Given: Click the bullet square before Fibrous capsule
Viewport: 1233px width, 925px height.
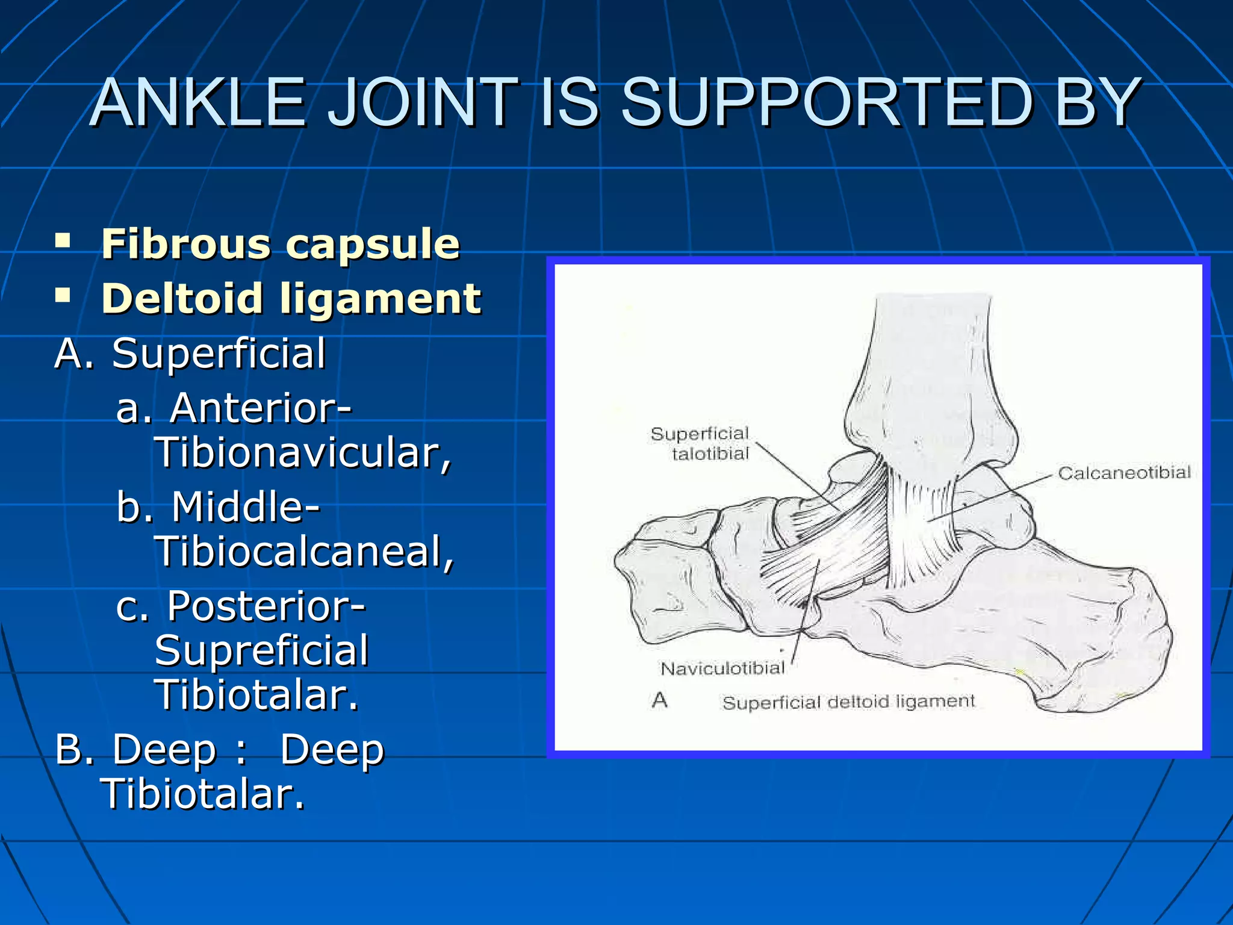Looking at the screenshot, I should (x=63, y=242).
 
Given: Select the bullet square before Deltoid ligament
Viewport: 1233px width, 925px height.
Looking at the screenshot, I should (x=63, y=296).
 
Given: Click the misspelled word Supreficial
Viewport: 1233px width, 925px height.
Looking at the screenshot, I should (x=261, y=650).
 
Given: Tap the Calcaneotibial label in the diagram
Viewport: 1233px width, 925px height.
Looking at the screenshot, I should (x=1124, y=473).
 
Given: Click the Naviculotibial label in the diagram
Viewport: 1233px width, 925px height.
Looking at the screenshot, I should (x=722, y=668).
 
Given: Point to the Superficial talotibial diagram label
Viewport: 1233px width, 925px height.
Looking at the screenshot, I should (x=701, y=443).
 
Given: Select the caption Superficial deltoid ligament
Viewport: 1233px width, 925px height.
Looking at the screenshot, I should (x=848, y=702).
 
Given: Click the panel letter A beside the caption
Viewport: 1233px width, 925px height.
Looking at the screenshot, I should (x=660, y=700).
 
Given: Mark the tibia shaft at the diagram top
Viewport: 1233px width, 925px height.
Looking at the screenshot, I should (x=930, y=349).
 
